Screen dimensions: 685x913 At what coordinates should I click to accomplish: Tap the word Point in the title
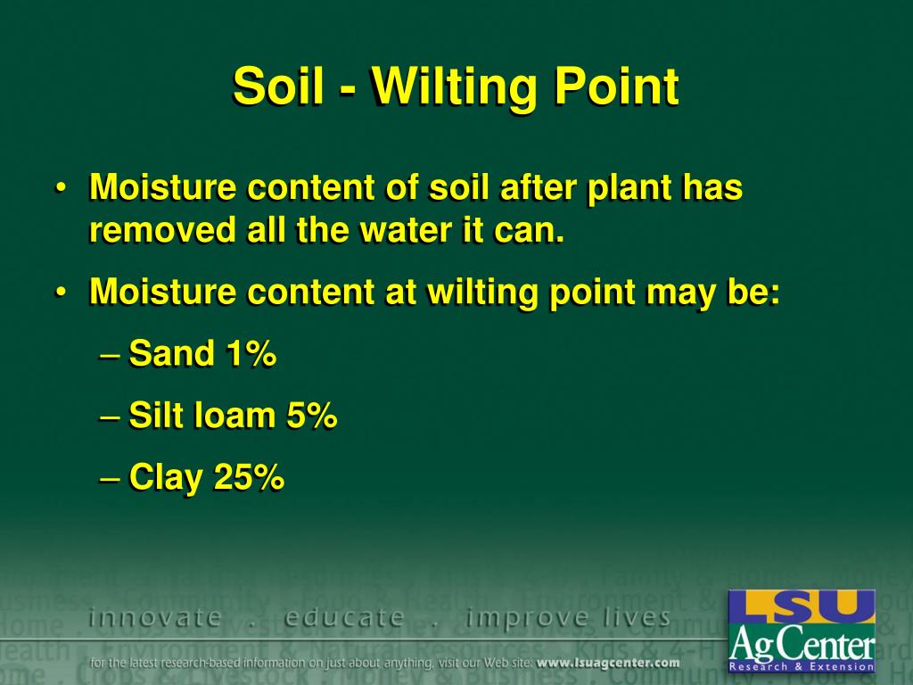[x=616, y=87]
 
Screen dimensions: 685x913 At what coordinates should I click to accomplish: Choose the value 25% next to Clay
[x=249, y=477]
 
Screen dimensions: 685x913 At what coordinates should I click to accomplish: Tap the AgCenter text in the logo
[x=802, y=641]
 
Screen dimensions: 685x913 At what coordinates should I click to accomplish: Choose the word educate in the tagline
[x=344, y=617]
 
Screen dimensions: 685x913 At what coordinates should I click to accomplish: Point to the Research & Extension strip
[x=802, y=666]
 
